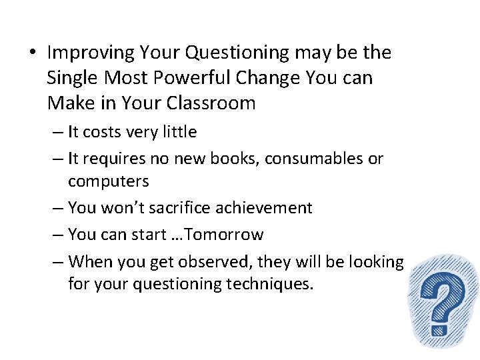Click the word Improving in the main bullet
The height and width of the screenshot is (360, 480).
[x=89, y=53]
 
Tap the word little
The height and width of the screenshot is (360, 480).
[x=179, y=132]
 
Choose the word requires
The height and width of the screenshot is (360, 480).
[x=115, y=159]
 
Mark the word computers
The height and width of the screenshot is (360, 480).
[x=109, y=181]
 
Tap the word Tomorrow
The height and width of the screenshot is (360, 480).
[x=229, y=235]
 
